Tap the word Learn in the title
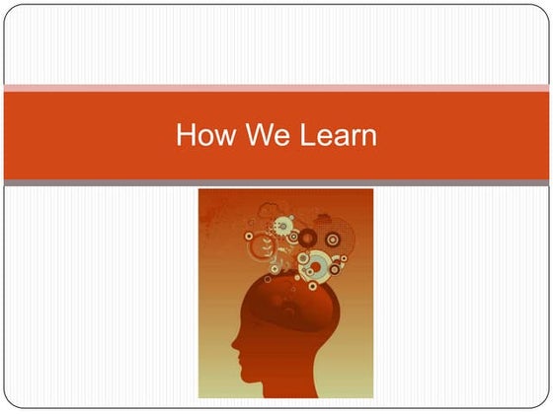point(336,135)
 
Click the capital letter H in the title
point(185,135)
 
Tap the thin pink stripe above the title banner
point(276,89)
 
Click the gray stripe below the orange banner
point(276,183)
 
